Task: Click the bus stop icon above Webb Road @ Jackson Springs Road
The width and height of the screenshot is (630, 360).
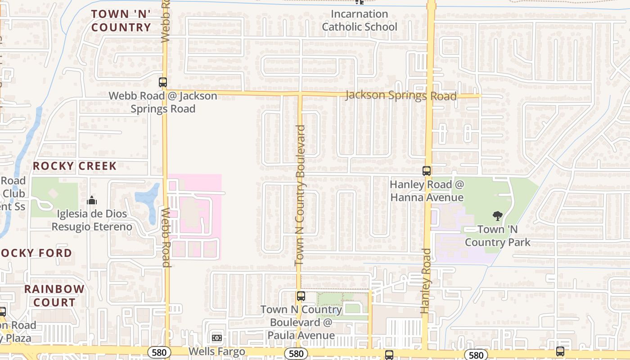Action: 163,82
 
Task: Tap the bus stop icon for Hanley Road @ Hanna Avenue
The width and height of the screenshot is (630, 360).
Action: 426,171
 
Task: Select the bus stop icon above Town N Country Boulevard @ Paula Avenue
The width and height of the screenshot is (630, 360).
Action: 301,296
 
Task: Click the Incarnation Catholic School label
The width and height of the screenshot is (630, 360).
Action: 360,21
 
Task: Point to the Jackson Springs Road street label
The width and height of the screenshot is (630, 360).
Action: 401,96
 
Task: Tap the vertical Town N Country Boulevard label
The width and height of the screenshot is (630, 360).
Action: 300,195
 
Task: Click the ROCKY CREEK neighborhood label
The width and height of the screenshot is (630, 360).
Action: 75,166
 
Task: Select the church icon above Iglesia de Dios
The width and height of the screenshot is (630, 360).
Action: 92,200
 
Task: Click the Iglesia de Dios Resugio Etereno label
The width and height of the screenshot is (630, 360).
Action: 92,220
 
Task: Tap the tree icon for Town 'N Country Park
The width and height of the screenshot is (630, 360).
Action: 497,216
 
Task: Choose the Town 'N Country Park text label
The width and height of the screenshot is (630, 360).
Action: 498,236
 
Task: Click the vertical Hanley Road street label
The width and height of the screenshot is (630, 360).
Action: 426,281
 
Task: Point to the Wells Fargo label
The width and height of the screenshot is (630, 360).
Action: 217,351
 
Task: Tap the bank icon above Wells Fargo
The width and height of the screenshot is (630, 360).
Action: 217,337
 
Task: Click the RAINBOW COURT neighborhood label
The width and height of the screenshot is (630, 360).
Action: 54,296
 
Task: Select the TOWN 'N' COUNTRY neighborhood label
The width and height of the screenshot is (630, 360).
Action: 121,21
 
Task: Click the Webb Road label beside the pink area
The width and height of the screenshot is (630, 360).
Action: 166,237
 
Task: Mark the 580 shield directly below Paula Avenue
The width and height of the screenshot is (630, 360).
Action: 296,354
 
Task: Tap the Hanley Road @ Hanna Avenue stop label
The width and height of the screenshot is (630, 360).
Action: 427,191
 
